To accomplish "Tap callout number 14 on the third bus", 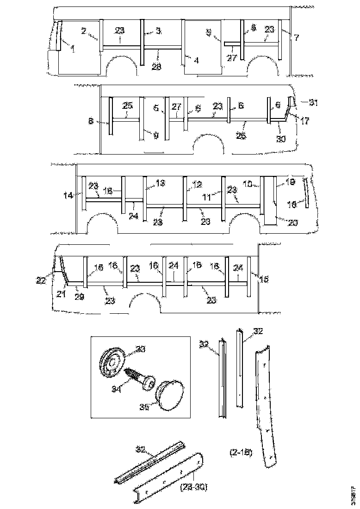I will coord(68,196).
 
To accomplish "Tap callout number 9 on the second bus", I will coord(155,136).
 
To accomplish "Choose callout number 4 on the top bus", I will coord(196,61).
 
